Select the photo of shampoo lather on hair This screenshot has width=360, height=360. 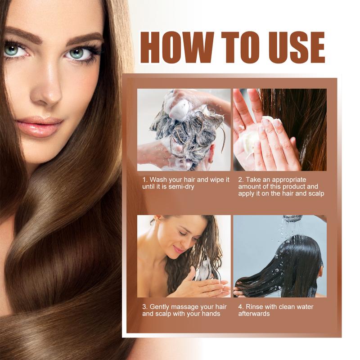(184, 130)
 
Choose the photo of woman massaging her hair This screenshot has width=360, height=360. (184, 256)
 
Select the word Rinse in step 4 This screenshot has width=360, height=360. (256, 307)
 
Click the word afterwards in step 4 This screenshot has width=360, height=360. (254, 314)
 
